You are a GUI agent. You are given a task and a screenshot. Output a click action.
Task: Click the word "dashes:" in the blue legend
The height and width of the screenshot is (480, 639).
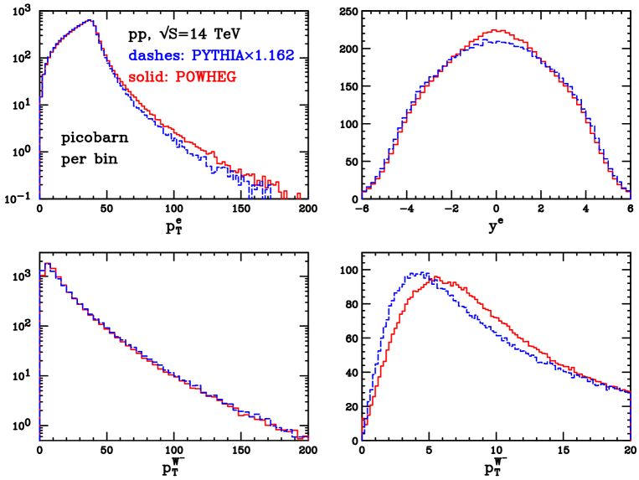pos(155,56)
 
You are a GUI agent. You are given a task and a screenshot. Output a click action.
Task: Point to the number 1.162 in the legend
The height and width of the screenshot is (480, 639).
pos(276,56)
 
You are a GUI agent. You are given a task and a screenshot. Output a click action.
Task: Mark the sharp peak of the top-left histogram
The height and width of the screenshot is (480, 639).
pos(90,21)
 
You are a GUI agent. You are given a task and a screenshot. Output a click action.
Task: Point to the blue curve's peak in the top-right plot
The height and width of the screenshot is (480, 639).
pos(499,40)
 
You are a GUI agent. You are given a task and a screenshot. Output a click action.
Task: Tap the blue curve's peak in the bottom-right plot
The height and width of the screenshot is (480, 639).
pos(416,273)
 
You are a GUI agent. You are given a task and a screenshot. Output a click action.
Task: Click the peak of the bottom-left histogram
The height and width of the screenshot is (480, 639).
pos(48,265)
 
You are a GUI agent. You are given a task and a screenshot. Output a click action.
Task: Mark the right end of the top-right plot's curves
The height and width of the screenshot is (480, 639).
pos(630,194)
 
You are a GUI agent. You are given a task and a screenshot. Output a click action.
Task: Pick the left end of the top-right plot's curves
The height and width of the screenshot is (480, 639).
pos(362,195)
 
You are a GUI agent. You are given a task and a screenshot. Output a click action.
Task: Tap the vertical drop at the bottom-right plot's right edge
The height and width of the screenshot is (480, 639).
pos(630,415)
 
